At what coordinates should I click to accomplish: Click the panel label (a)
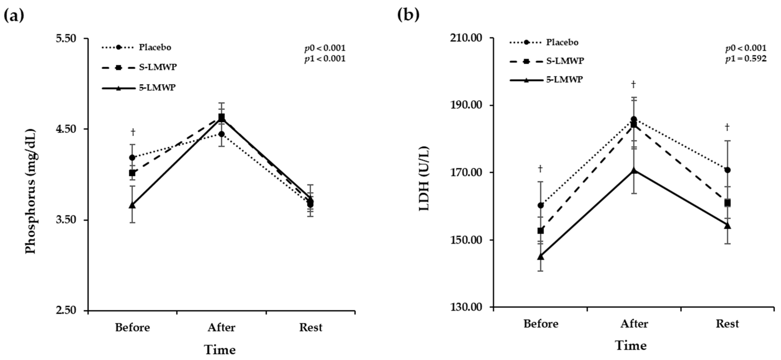[14, 15]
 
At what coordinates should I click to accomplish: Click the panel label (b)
[408, 15]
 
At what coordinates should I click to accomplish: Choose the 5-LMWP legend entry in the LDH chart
[564, 80]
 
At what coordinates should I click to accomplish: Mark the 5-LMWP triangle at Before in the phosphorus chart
[132, 205]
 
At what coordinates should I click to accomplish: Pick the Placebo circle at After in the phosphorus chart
[221, 134]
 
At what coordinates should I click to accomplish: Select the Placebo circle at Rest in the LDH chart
[727, 170]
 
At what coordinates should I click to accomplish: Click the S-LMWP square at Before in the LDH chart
[541, 231]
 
